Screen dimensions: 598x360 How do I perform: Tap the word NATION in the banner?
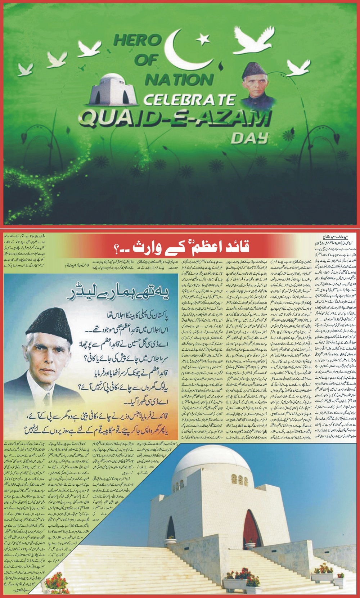[x=178, y=79]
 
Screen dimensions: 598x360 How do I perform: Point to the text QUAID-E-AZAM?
[x=173, y=119]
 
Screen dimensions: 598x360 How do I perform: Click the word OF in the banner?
[x=146, y=60]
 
